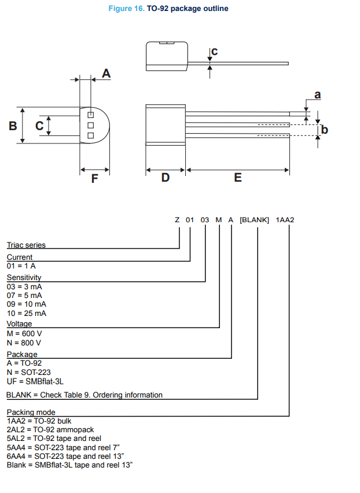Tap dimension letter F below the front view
point(95,179)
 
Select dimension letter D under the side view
point(166,178)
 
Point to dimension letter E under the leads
point(238,178)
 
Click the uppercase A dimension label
point(106,73)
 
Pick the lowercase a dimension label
point(317,95)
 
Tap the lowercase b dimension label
point(325,130)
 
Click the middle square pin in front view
point(91,125)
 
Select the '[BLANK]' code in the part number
point(255,220)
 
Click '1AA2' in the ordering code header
point(285,220)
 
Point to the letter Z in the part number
point(177,220)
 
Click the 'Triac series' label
point(26,245)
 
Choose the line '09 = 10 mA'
point(27,304)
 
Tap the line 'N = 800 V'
point(24,343)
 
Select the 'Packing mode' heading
point(31,412)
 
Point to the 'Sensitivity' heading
point(24,278)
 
